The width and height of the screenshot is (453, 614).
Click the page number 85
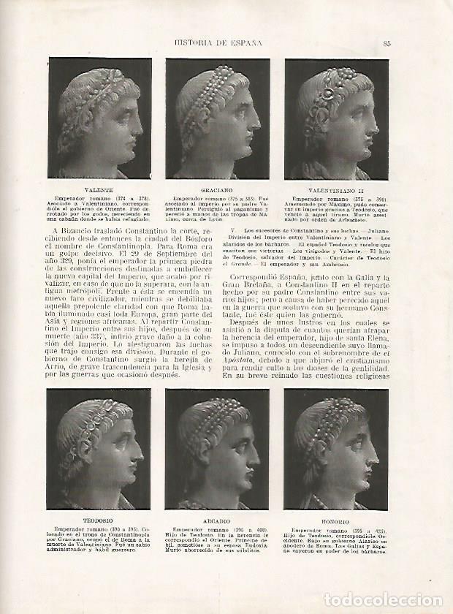(x=387, y=42)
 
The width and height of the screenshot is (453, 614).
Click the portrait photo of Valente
(x=99, y=118)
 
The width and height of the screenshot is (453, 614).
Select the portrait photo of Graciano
(x=217, y=118)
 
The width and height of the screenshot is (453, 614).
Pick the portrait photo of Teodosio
(x=99, y=449)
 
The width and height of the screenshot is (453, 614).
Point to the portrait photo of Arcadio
(x=217, y=449)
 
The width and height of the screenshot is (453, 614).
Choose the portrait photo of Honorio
(x=336, y=449)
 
